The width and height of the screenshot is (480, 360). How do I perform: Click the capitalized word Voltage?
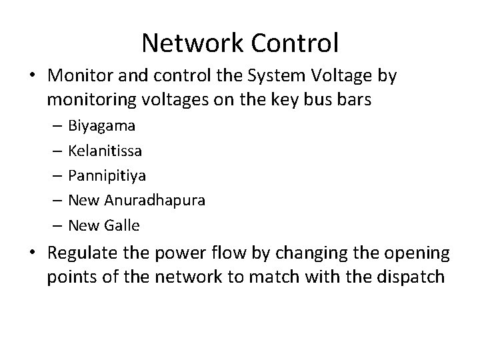coord(334,77)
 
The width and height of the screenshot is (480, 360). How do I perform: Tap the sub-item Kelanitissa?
coord(105,151)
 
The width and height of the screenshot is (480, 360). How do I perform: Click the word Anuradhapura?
coord(154,201)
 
